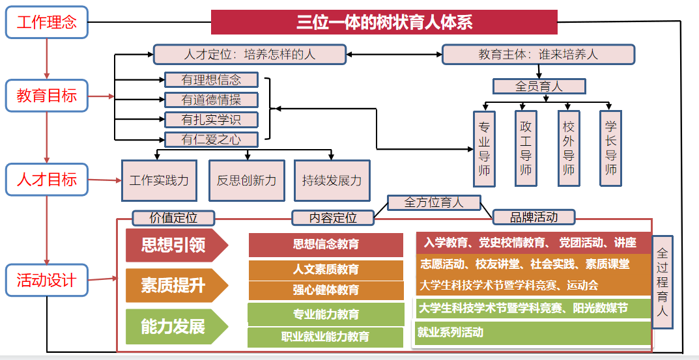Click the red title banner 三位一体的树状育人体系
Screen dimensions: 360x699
coord(384,22)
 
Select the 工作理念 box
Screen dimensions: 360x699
coord(46,23)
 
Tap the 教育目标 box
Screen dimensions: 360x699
coord(46,96)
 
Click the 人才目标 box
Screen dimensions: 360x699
coord(46,179)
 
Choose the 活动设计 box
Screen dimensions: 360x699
coord(46,280)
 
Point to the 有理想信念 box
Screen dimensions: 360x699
coord(211,80)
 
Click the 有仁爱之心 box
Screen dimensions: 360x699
coord(211,139)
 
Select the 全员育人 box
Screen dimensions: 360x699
coord(539,86)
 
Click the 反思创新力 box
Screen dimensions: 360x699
coord(246,180)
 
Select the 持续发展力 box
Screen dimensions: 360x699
coord(332,180)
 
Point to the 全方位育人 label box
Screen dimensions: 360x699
coord(434,202)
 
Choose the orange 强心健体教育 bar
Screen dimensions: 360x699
coord(326,290)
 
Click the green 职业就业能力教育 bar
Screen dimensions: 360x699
coord(326,337)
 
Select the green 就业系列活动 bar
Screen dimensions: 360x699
coord(533,333)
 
